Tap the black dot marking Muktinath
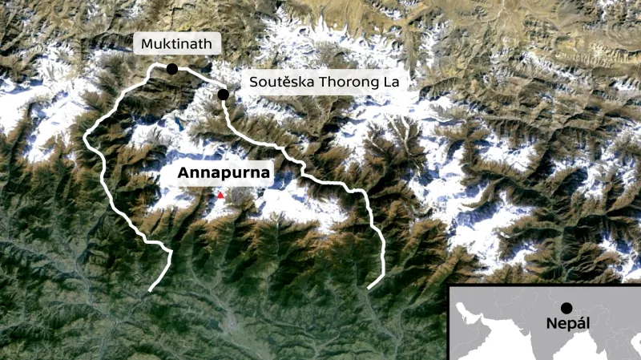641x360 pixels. click(172, 69)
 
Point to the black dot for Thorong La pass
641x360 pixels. click(223, 95)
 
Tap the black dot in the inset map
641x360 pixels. click(566, 307)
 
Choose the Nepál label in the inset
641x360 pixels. click(566, 325)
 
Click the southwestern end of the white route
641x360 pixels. click(151, 289)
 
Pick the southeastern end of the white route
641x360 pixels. click(369, 286)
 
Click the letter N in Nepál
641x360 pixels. click(550, 325)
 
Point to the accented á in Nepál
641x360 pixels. click(579, 324)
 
